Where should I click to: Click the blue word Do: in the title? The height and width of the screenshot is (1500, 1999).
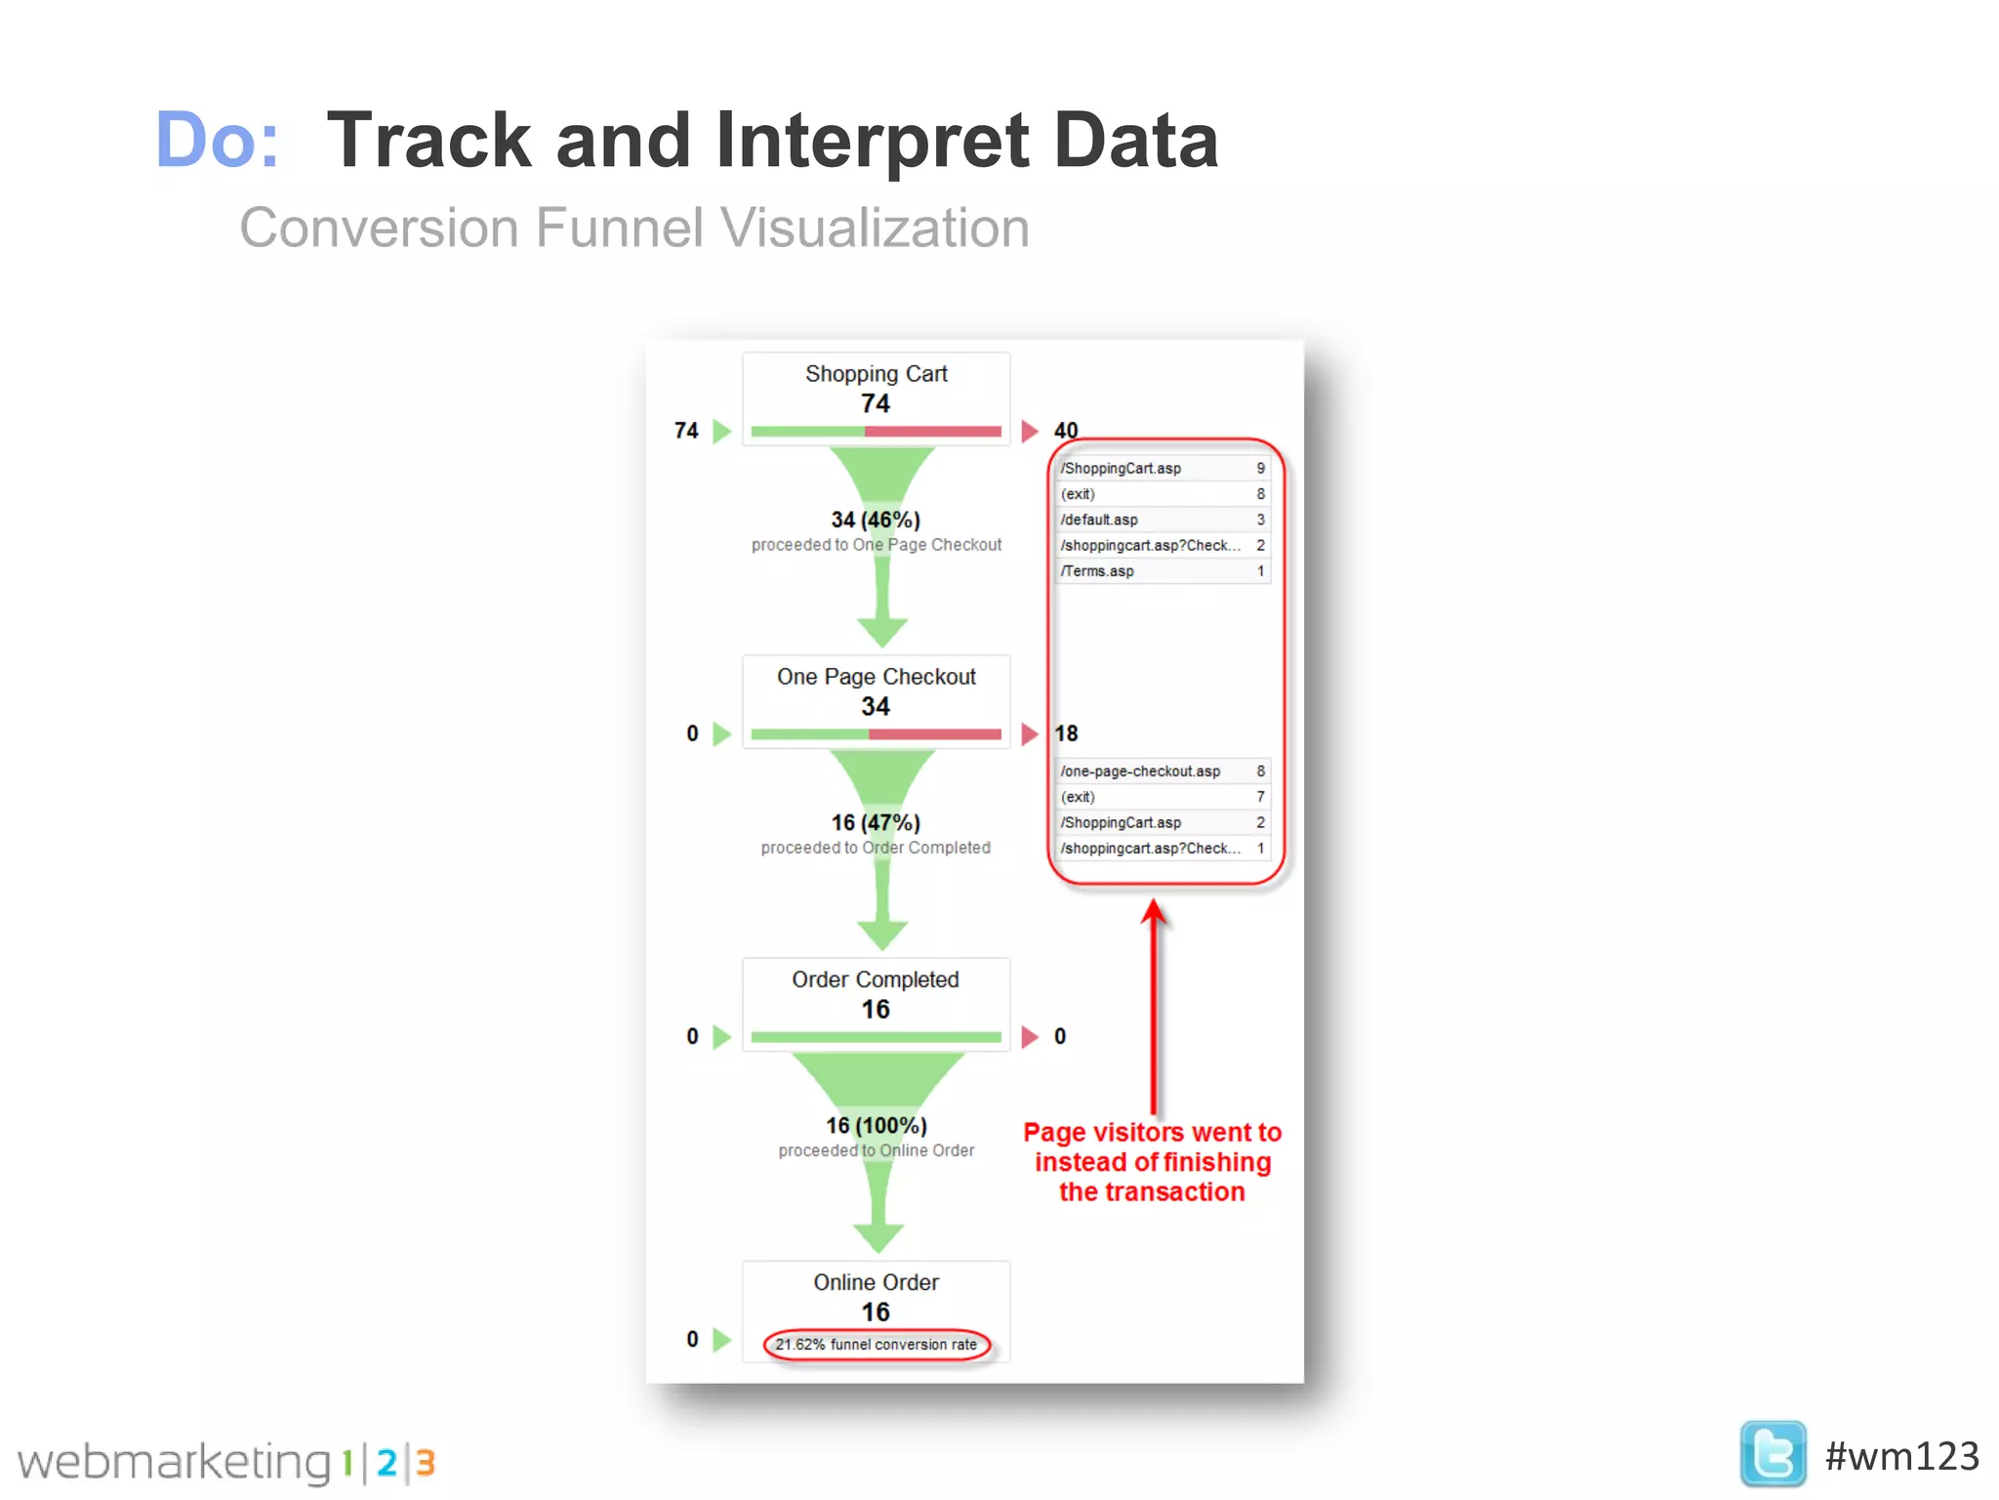coord(217,141)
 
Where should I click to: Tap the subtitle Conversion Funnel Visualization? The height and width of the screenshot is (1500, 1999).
coord(634,229)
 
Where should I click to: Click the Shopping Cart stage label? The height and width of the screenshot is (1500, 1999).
coord(876,374)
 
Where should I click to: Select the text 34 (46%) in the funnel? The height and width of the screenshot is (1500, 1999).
coord(876,520)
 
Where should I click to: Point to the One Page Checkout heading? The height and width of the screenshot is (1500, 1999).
coord(876,677)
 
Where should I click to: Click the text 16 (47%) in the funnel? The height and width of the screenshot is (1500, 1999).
coord(876,822)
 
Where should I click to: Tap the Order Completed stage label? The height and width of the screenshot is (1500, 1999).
coord(875,979)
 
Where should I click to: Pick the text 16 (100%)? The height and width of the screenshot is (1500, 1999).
coord(876,1125)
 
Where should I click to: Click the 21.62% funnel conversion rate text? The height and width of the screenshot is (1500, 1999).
coord(876,1345)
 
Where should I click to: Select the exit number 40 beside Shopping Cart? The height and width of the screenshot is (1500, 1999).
coord(1066,430)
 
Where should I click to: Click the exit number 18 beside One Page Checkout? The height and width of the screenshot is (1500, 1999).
coord(1066,733)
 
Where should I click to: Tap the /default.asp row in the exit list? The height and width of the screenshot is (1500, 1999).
coord(1162,520)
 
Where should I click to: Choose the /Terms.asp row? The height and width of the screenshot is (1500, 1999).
coord(1162,571)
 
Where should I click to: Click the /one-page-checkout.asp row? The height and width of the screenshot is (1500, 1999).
coord(1162,771)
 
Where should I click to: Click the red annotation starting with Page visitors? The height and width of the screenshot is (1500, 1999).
coord(1152,1162)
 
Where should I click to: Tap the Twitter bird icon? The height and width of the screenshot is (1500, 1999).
coord(1772,1454)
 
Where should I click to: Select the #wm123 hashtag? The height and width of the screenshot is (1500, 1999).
coord(1900,1456)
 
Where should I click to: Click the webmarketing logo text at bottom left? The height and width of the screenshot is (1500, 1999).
coord(176,1462)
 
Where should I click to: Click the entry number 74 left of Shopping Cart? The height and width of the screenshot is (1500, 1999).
coord(686,431)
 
